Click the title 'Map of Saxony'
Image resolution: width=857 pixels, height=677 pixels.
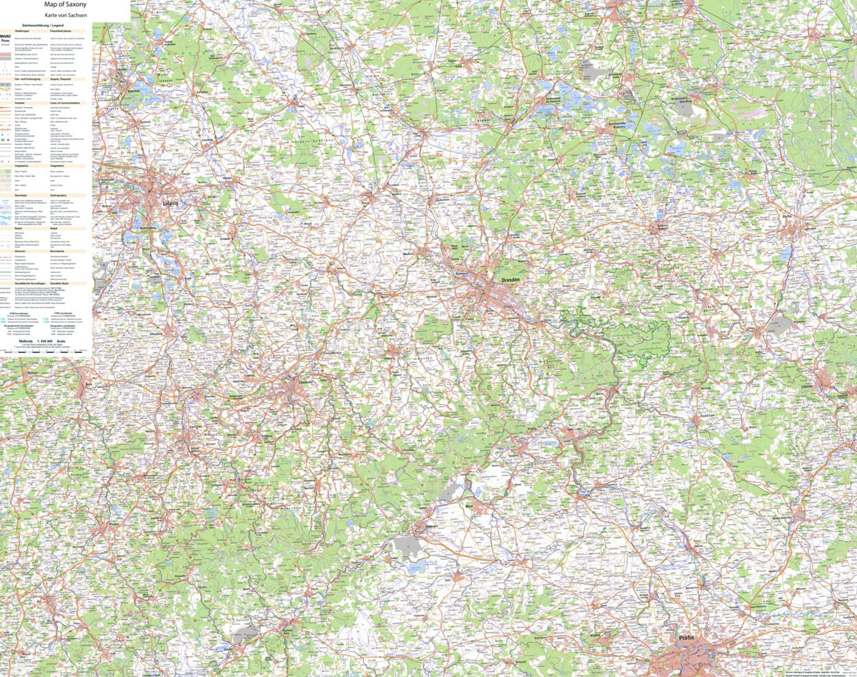click(65, 4)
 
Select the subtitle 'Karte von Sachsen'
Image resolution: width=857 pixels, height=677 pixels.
click(65, 14)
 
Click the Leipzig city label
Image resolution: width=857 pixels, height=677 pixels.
click(170, 203)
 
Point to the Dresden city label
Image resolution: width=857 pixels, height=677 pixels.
click(511, 280)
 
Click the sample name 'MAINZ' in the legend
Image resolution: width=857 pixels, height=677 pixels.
click(6, 36)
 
